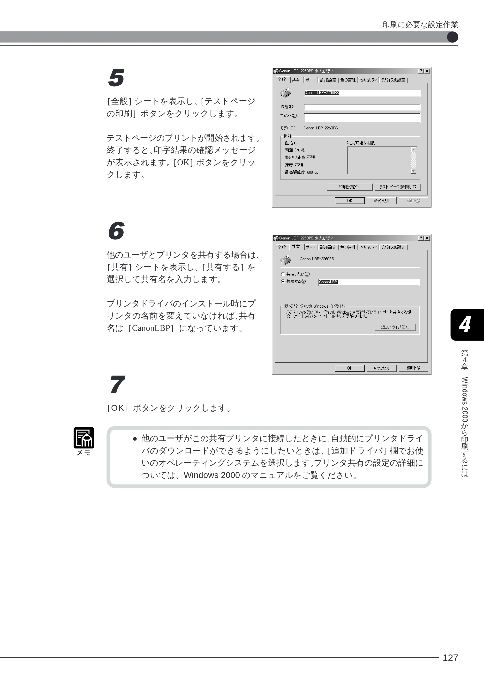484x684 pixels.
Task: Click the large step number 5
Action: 116,78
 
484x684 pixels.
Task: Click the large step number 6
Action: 116,231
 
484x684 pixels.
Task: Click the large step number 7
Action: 117,384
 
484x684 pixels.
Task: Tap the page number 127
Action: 450,657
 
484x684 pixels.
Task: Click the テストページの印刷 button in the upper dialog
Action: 398,187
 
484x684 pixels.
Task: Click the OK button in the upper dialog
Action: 350,201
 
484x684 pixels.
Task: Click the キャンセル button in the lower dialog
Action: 381,368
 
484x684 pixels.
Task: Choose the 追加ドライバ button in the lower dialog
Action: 395,327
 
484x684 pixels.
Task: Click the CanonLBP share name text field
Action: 369,282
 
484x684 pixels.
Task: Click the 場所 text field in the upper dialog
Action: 362,107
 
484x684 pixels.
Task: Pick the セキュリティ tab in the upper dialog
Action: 368,80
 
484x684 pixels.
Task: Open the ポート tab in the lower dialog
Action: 310,247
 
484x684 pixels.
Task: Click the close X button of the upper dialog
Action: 427,71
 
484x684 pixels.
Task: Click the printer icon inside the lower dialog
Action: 286,260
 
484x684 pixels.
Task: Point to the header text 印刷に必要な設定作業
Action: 420,25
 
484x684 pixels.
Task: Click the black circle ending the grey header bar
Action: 452,37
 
